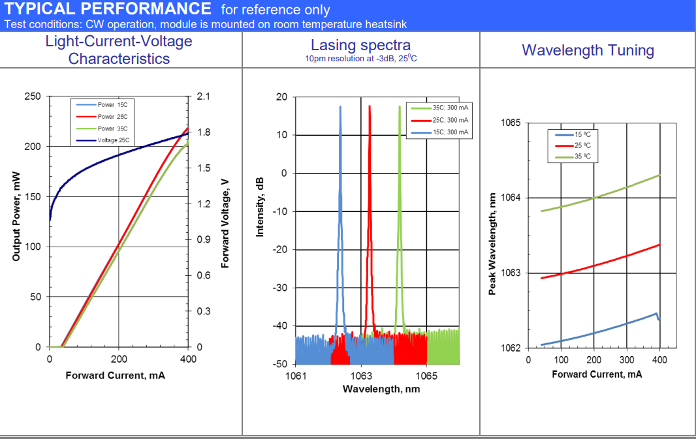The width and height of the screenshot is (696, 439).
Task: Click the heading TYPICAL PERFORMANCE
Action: (108, 9)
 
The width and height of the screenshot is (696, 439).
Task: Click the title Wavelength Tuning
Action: (588, 50)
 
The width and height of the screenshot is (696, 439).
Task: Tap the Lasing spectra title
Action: (360, 45)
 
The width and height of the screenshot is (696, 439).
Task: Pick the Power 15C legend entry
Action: (112, 104)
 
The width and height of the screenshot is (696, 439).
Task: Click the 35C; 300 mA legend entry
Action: (450, 108)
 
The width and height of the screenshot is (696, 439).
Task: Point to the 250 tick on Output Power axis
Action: (32, 97)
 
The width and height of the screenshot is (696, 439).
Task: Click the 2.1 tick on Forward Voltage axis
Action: (204, 97)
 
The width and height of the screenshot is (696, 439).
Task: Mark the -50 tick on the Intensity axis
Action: (280, 363)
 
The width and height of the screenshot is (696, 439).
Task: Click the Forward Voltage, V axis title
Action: (225, 224)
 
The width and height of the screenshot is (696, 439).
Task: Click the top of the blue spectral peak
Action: (340, 106)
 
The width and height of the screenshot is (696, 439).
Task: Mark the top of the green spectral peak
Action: (399, 106)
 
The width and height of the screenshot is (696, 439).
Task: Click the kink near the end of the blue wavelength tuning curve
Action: (656, 314)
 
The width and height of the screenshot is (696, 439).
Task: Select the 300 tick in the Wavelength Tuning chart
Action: (626, 360)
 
